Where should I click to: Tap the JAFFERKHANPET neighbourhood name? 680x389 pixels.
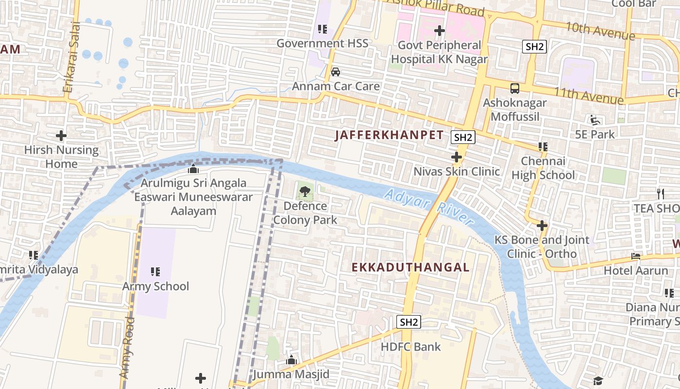(x=389, y=136)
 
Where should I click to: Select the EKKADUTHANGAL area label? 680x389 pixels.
(x=410, y=267)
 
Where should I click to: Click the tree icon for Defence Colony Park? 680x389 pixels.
(x=305, y=192)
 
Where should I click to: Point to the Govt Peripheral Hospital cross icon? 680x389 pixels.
(x=440, y=31)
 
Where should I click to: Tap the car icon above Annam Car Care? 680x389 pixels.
(x=335, y=72)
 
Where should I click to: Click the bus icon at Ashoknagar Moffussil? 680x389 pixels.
(x=514, y=88)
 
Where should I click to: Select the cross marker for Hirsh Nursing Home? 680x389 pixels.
(x=61, y=136)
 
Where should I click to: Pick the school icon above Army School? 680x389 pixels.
(x=155, y=271)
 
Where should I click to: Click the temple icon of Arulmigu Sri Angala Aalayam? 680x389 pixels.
(x=193, y=169)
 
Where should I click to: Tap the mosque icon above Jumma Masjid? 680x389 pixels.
(x=291, y=360)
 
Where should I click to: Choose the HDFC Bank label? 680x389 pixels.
(x=411, y=347)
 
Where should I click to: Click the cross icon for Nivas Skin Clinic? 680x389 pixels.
(x=456, y=157)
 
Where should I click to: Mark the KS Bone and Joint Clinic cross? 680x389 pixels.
(x=542, y=226)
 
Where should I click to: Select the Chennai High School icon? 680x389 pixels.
(x=543, y=146)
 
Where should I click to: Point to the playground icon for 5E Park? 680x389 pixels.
(x=595, y=120)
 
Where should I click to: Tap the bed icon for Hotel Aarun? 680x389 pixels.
(x=635, y=256)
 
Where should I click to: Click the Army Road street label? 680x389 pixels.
(x=127, y=348)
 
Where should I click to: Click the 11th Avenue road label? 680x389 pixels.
(x=588, y=95)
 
